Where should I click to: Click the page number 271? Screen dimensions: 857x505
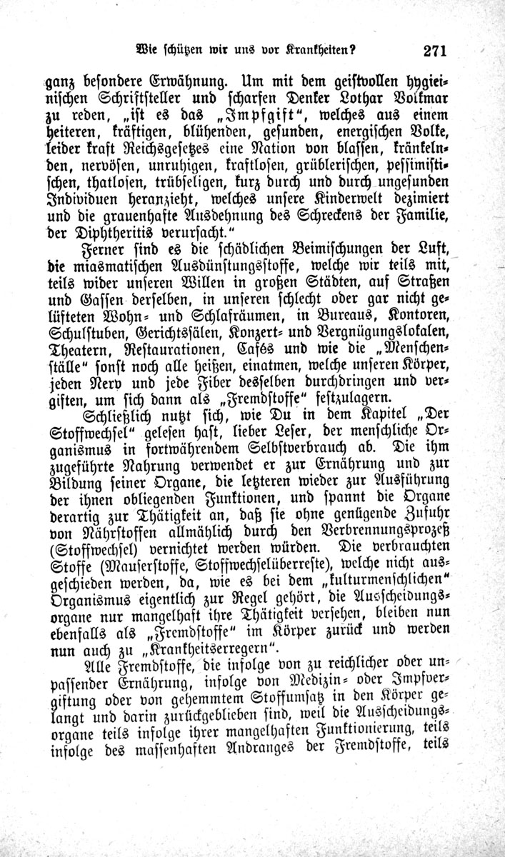(x=434, y=51)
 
